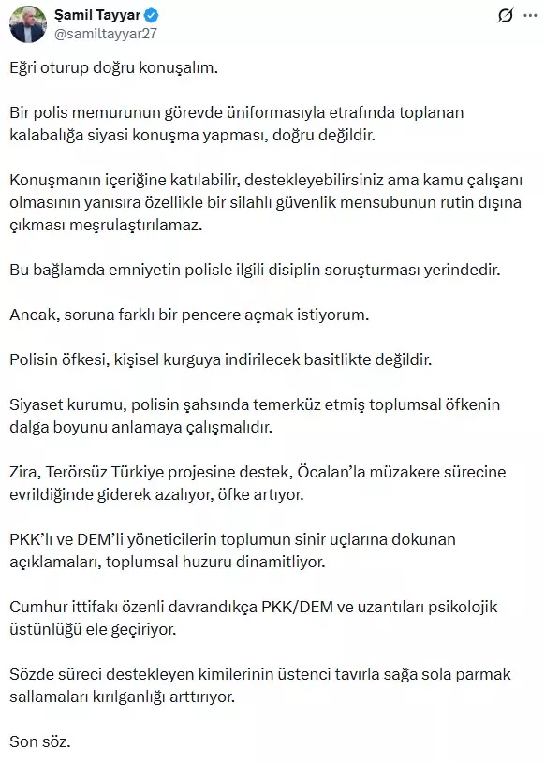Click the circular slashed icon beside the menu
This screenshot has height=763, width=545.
(x=504, y=17)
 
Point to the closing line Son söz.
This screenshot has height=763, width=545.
(x=39, y=742)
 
